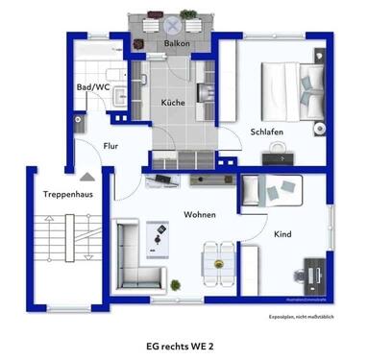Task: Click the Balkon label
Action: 176,44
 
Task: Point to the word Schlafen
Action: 267,132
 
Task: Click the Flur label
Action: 111,145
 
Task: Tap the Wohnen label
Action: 200,214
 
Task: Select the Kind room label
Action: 282,233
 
